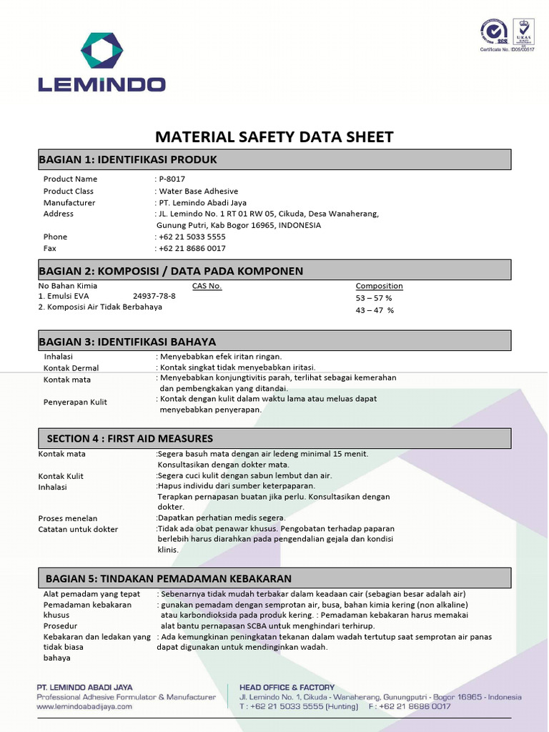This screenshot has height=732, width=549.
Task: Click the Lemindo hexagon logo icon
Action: coord(102,50)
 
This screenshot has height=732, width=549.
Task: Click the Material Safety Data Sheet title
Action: coord(274,137)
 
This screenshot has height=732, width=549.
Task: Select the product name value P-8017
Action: coord(167,179)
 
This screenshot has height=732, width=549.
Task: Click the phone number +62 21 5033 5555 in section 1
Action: coord(192,237)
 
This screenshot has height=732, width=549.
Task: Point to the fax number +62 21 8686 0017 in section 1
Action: coord(192,249)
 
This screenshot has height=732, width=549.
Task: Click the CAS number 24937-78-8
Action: coord(154,296)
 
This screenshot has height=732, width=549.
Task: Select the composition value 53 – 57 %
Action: coord(374,298)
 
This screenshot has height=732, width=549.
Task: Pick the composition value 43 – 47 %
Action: coord(375,310)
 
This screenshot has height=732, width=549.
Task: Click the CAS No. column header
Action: coord(207,286)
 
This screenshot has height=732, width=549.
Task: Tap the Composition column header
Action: coord(379,286)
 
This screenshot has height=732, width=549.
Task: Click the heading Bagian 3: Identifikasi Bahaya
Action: coord(127,342)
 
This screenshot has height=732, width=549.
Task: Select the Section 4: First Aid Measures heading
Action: coord(130,438)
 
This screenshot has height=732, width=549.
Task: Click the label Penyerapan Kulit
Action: coord(75,402)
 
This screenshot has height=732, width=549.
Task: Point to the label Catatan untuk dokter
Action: coord(78,530)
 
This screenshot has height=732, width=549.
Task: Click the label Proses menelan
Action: coord(68,518)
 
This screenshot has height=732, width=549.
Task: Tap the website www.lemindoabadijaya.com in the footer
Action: coord(84,706)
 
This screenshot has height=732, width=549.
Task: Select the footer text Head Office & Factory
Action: coord(287,688)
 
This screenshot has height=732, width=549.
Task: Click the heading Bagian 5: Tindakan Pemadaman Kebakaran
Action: coord(169,578)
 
